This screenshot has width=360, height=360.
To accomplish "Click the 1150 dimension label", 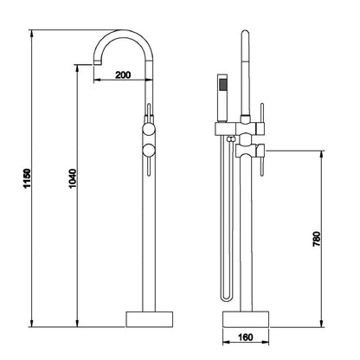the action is click(27, 178).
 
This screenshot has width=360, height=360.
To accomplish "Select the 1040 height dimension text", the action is click(72, 178).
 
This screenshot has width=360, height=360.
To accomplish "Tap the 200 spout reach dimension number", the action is click(123, 75).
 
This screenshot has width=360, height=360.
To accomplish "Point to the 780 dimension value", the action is click(316, 239).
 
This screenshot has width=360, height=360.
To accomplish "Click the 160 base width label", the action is click(246, 337).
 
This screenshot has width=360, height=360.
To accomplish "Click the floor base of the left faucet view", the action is click(150, 319).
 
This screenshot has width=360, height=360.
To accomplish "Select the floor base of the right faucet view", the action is click(246, 319).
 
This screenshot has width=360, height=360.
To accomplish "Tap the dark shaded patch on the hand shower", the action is click(222, 85).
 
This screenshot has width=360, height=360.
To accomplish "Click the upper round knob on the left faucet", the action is click(149, 129).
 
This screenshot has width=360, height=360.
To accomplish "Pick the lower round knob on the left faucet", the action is click(149, 151).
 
